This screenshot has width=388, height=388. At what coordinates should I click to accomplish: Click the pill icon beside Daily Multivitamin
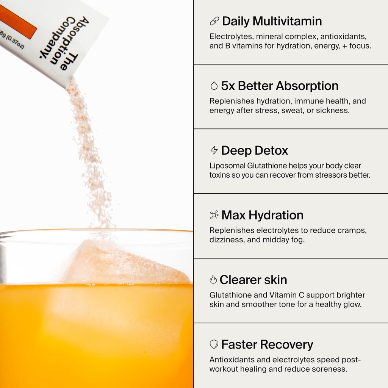[214, 21]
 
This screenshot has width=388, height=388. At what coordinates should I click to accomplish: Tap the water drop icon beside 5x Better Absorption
[214, 86]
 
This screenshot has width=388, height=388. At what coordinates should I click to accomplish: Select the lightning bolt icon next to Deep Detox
[214, 150]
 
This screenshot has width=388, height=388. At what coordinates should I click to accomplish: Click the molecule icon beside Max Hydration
[214, 215]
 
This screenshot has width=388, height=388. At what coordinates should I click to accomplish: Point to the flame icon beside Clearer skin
[213, 280]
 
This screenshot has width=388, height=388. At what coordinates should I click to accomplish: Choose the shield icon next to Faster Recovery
[214, 344]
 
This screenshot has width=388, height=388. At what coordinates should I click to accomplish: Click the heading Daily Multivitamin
[272, 21]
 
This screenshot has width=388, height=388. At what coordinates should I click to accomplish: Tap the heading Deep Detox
[254, 150]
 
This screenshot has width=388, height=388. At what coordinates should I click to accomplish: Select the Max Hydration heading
[262, 215]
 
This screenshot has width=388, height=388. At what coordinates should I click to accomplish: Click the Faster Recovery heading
[267, 344]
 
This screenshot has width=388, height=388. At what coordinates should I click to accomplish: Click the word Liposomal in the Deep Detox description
[227, 166]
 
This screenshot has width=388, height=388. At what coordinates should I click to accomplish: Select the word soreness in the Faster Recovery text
[331, 369]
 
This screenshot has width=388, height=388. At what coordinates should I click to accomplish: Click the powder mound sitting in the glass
[125, 265]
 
